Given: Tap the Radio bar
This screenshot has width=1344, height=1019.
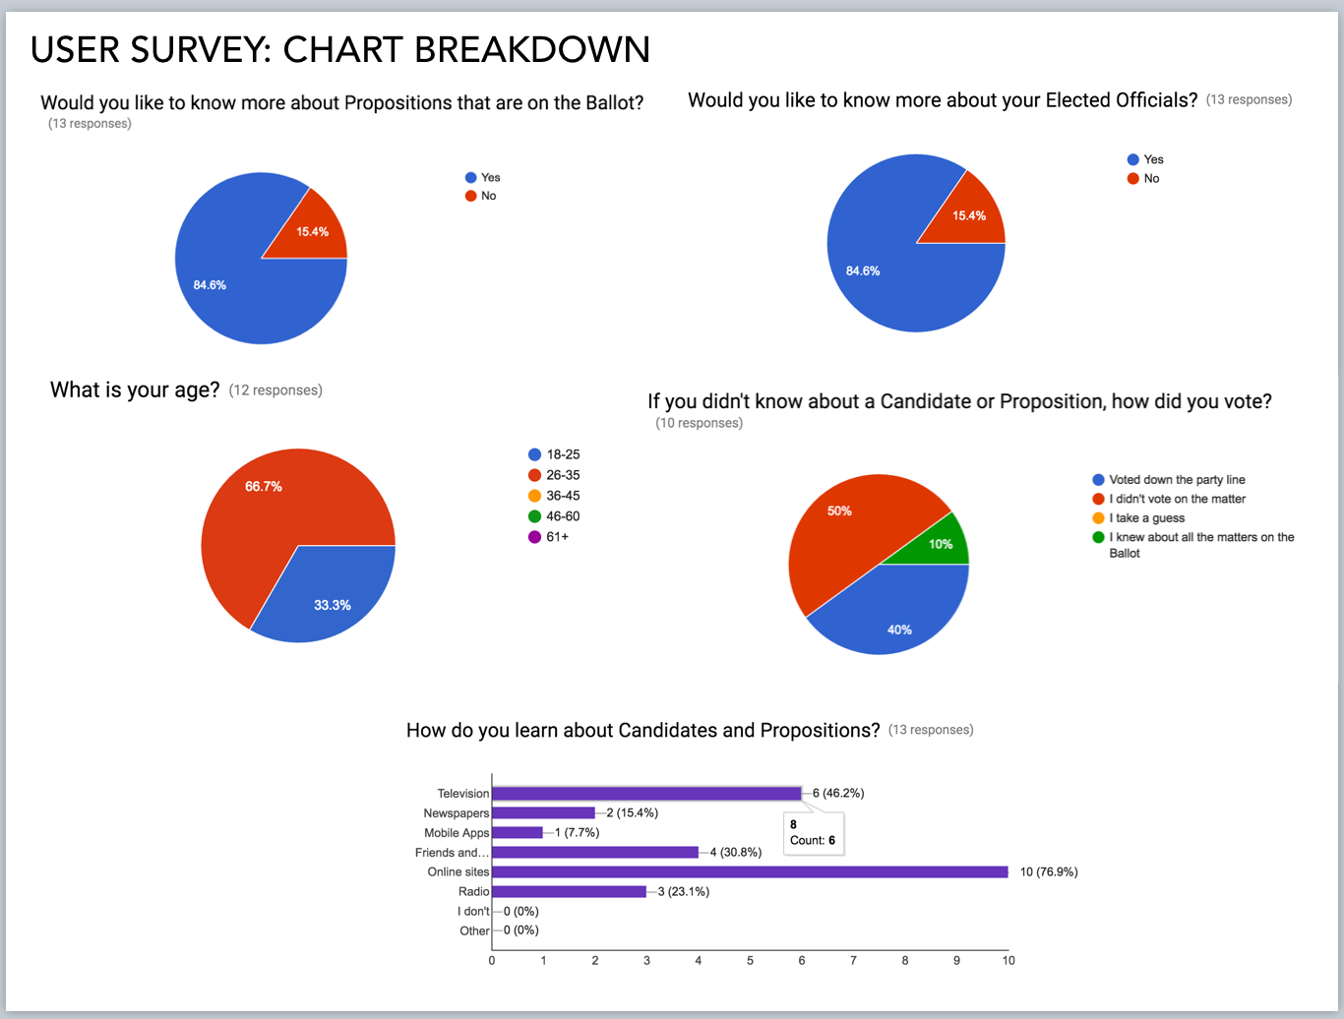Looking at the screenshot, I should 569,891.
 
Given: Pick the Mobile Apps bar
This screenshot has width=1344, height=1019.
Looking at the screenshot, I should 518,832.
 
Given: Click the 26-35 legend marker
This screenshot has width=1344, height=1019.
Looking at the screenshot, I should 534,475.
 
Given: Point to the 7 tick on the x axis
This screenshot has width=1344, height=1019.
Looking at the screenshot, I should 853,960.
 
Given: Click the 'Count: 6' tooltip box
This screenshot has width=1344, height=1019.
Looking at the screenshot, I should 814,833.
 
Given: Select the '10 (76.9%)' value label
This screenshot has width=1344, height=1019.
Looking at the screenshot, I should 1049,871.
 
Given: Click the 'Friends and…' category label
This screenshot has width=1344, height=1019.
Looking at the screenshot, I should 452,853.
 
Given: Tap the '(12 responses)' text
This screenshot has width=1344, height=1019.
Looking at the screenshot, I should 275,390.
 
